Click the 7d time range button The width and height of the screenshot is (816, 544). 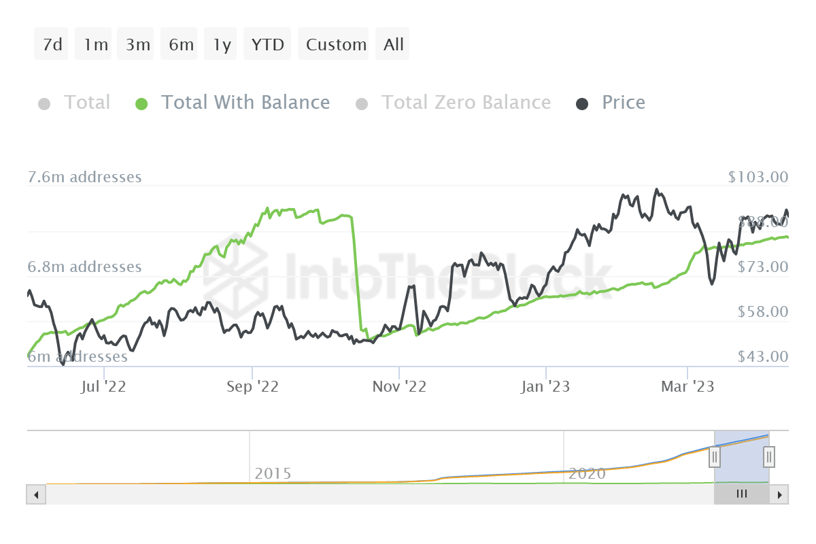[52, 45]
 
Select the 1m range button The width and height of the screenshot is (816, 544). [95, 45]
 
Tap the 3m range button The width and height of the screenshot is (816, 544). [137, 45]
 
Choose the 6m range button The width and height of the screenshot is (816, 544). [181, 45]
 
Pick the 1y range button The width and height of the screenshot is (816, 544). [222, 45]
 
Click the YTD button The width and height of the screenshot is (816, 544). [267, 45]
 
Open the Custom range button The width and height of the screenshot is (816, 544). [336, 45]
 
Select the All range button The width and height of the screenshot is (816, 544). [393, 45]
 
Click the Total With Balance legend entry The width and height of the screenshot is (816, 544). [245, 103]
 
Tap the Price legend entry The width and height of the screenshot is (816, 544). [623, 103]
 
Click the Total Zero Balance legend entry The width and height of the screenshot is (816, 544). [465, 103]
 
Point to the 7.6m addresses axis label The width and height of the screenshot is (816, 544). [84, 177]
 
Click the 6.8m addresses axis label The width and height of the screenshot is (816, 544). [84, 267]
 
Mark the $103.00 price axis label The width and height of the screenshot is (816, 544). [758, 177]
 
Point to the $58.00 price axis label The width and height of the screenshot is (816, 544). [762, 311]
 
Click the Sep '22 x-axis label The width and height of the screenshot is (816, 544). [253, 387]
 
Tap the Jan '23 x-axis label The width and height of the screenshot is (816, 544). [545, 387]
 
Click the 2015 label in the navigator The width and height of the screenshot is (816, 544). [273, 473]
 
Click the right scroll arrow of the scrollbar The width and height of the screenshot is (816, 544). [781, 494]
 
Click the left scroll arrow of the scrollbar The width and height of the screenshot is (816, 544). [36, 494]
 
